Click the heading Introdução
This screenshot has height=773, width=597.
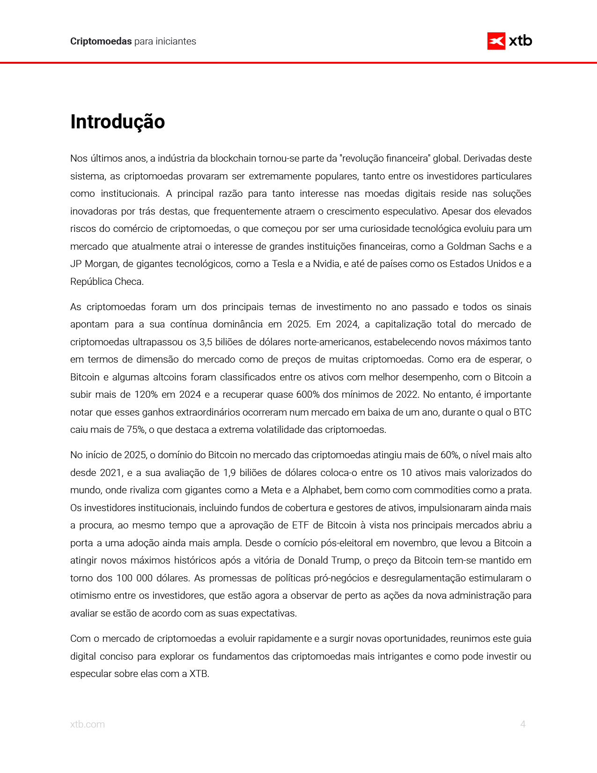tap(118, 122)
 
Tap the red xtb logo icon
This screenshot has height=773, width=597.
tap(496, 41)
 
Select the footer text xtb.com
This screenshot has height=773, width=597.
tap(88, 724)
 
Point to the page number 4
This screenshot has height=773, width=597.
tap(523, 724)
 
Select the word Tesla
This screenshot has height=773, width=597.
tap(283, 264)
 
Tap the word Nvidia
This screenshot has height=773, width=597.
tap(326, 264)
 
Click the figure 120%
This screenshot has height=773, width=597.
tap(146, 394)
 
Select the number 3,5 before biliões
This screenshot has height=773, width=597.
tap(206, 342)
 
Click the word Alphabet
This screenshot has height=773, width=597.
tap(322, 490)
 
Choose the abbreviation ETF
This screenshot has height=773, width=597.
tap(301, 525)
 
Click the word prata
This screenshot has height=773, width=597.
tap(519, 490)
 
